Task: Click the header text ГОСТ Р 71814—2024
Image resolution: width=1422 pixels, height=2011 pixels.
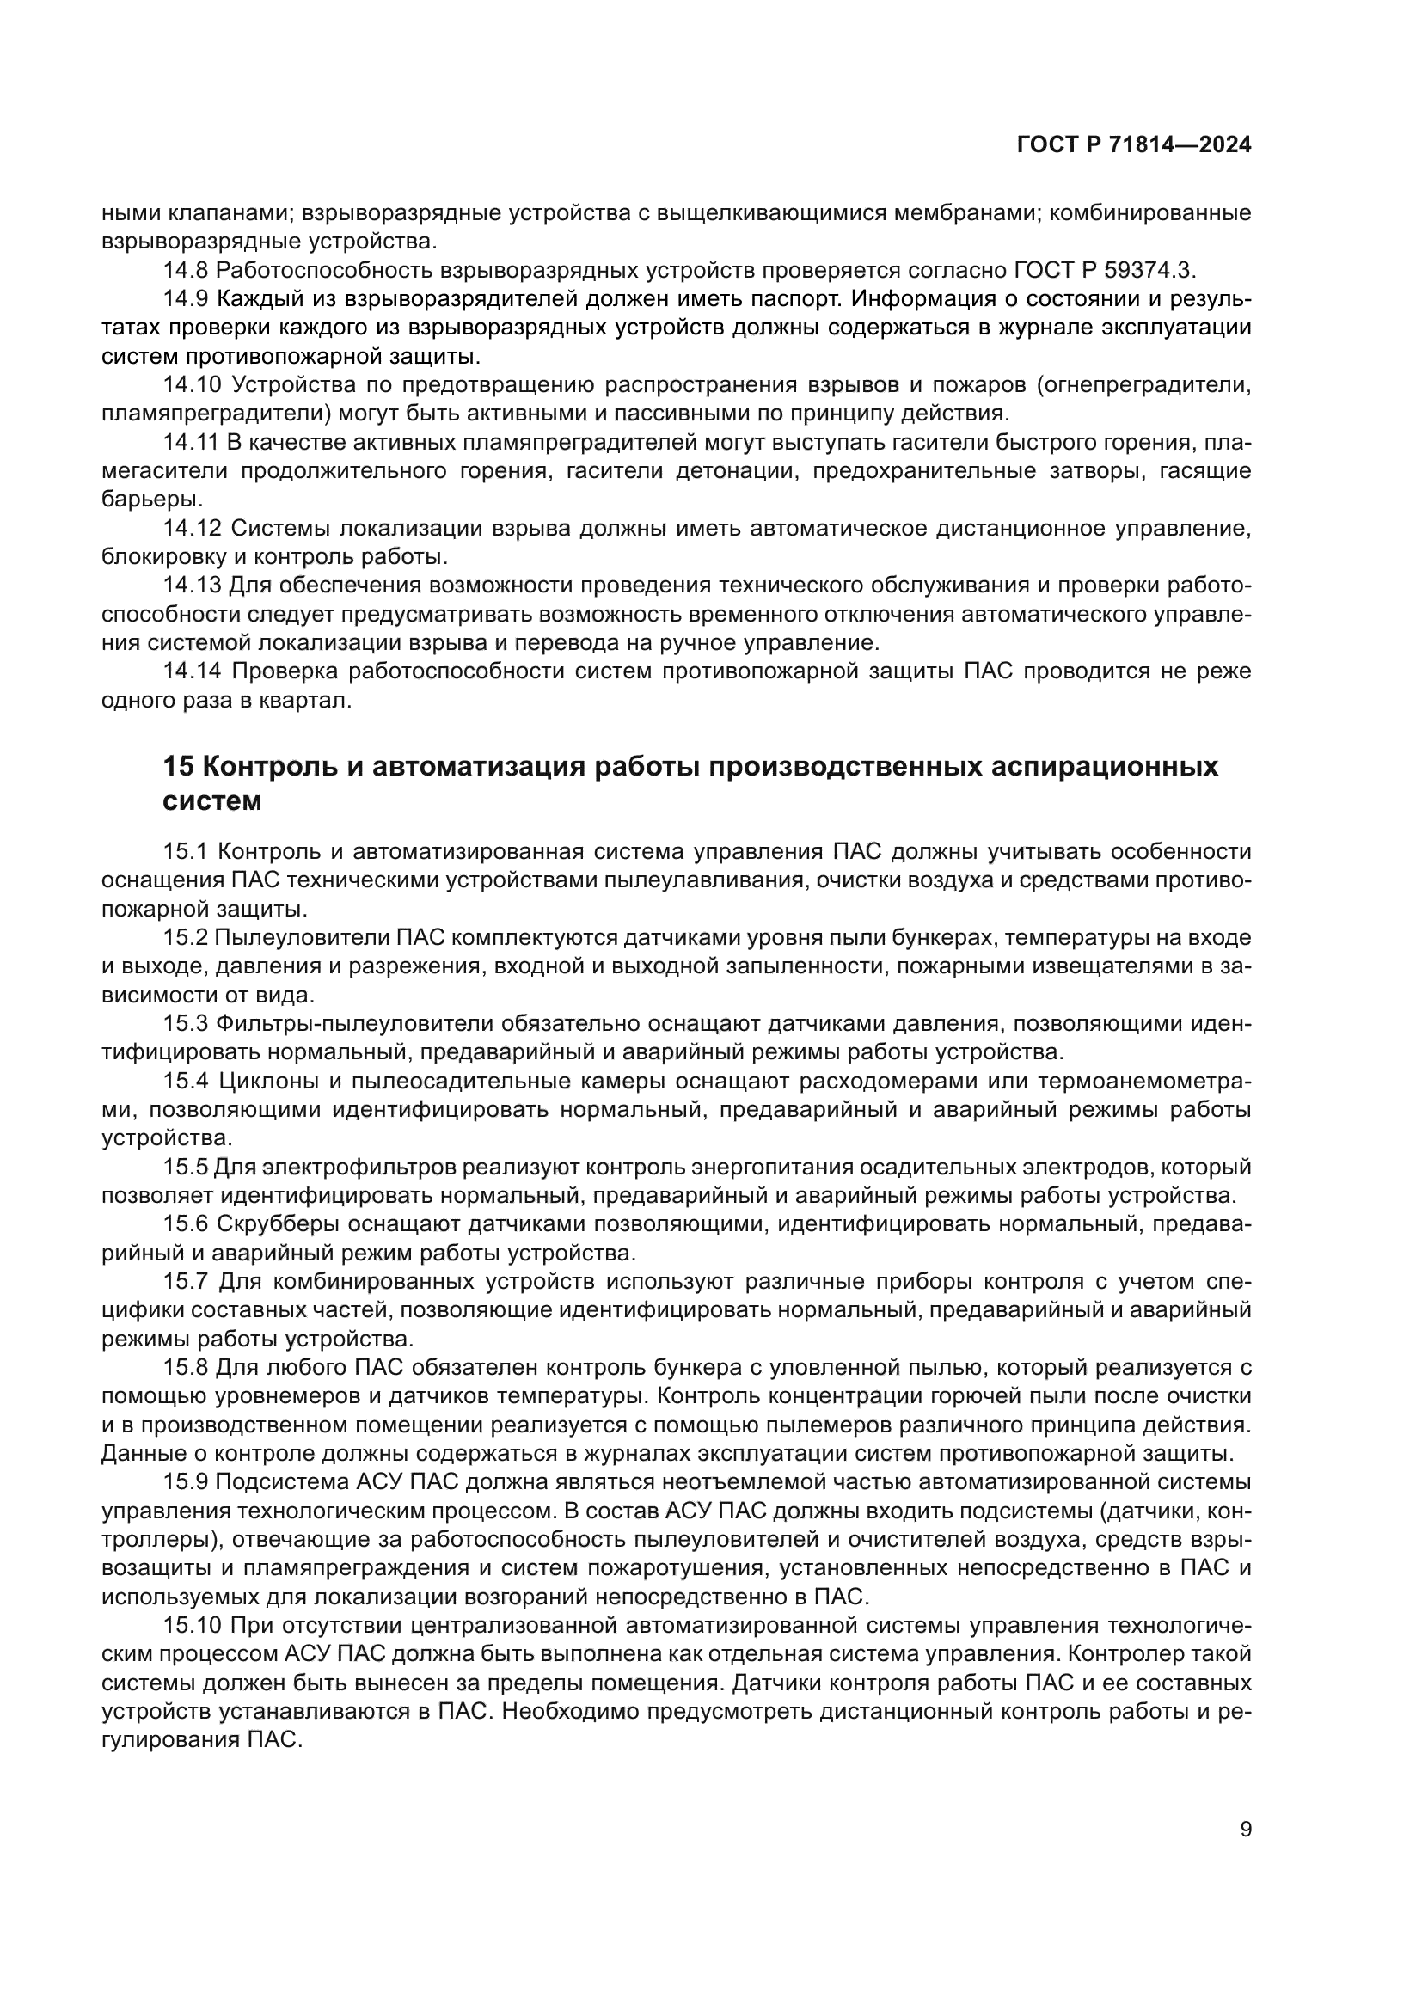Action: (x=1133, y=145)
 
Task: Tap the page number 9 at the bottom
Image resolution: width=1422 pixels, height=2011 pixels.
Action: (x=1246, y=1829)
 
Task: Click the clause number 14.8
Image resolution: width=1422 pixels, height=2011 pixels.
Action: (x=185, y=270)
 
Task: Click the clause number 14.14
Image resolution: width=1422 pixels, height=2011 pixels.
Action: (x=191, y=671)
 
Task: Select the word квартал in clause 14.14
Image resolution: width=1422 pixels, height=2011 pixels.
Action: (x=310, y=701)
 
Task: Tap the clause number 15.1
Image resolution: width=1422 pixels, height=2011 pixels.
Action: (x=185, y=851)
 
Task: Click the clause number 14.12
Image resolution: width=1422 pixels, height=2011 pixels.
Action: (x=191, y=528)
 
